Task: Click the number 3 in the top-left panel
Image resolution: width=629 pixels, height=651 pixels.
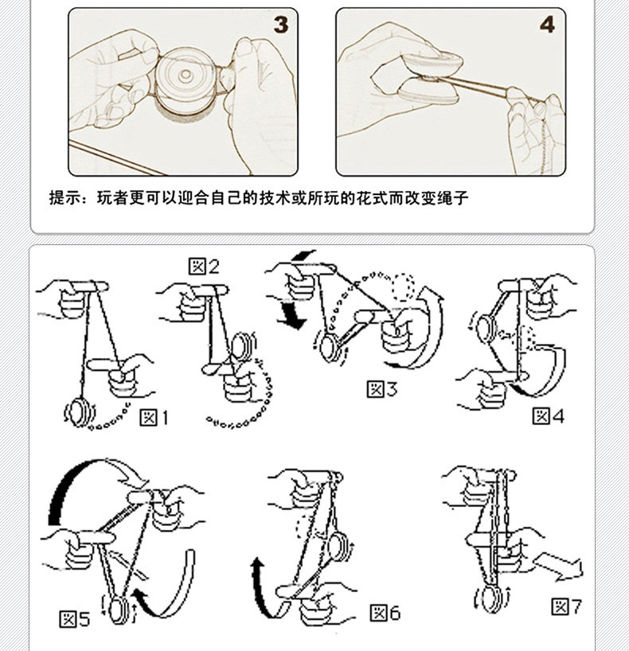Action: pos(281,25)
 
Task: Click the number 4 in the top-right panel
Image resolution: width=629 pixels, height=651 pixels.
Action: pos(547,25)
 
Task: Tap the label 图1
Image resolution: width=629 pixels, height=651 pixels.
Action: pos(154,417)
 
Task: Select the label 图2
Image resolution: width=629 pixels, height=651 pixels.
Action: pos(204,266)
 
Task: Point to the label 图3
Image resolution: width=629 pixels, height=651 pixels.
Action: pos(382,389)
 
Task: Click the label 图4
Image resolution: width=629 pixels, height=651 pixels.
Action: pos(549,415)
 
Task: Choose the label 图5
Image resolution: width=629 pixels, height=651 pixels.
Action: pos(75,618)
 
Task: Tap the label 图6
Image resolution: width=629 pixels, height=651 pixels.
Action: pos(385,613)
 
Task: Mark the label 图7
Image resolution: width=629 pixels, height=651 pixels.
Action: pos(567,606)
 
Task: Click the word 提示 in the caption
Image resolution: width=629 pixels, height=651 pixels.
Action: pos(65,197)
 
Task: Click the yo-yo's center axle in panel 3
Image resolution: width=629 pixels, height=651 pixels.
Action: pos(186,75)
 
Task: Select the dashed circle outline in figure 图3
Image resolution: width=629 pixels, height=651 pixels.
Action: pos(404,287)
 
